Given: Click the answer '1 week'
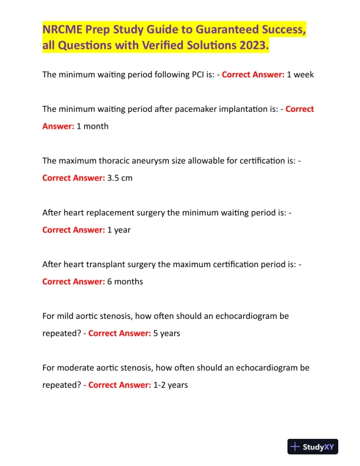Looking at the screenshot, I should pos(300,75).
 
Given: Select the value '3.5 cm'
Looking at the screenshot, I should pos(120,178).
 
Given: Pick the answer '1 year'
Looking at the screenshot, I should pos(119,229).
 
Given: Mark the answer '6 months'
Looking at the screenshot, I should pos(125,281).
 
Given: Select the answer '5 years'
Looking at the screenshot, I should pos(167,333).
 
